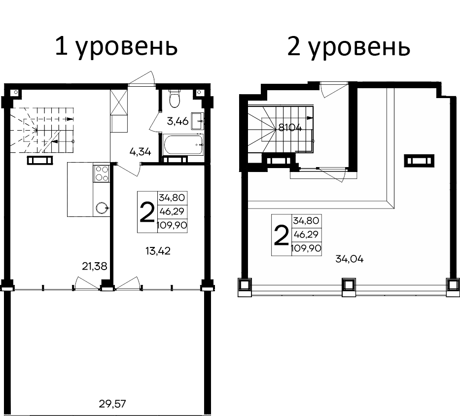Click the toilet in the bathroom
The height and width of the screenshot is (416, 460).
tap(174, 99)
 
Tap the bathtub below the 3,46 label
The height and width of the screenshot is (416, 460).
tap(183, 145)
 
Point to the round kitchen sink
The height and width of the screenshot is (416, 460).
tap(102, 208)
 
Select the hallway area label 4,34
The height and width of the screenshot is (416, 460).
tap(140, 151)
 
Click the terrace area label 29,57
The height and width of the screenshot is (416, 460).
tap(113, 405)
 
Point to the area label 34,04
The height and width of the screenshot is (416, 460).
tap(349, 259)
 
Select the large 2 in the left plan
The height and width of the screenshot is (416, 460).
tap(146, 212)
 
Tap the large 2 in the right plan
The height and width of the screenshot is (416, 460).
tap(281, 236)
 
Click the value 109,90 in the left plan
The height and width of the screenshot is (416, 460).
tap(171, 226)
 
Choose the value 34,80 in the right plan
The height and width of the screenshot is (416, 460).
tap(306, 221)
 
